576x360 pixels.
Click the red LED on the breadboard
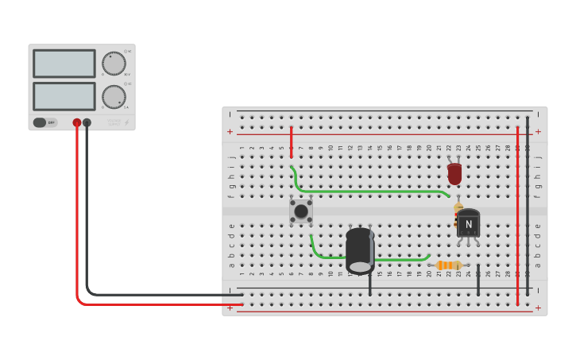point(454,172)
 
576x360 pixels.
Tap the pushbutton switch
point(301,211)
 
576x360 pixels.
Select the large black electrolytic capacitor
point(360,250)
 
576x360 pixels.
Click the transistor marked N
point(468,223)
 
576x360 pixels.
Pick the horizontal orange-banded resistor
point(449,265)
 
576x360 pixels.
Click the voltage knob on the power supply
point(114,64)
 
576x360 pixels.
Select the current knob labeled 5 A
point(114,97)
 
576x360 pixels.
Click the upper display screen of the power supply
point(64,64)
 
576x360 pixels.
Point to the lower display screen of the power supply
point(64,96)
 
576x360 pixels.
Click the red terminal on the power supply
point(77,122)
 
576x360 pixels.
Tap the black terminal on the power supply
point(87,122)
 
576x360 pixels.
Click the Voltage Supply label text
point(114,122)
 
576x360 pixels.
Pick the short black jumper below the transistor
point(478,281)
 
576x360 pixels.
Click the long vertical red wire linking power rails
point(517,215)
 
